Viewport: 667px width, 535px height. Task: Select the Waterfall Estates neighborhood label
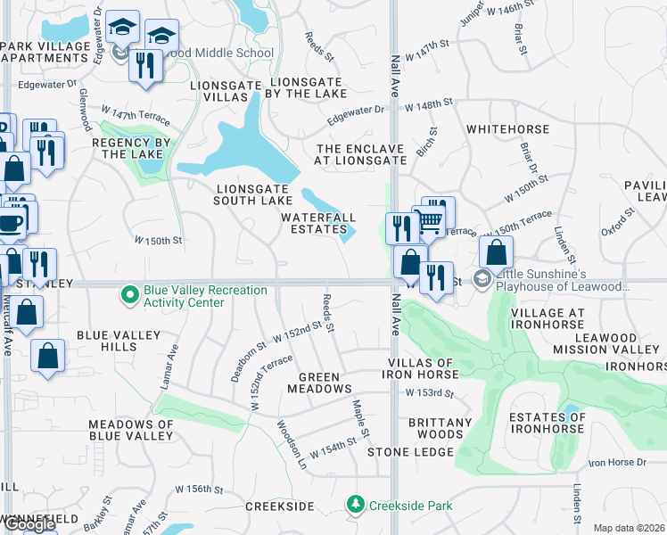(x=318, y=223)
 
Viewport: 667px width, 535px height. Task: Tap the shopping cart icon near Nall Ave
(x=432, y=220)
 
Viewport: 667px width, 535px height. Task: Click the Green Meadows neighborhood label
(x=319, y=383)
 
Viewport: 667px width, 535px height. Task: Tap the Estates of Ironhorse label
(x=547, y=423)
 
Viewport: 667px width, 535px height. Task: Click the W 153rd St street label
(x=430, y=392)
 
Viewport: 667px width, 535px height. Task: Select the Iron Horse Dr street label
(x=616, y=462)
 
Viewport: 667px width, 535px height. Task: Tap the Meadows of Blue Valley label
(x=130, y=430)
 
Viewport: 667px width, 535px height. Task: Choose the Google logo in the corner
(x=29, y=524)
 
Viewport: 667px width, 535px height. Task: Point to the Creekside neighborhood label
(x=279, y=506)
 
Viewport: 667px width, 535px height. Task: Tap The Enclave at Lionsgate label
(x=360, y=154)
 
